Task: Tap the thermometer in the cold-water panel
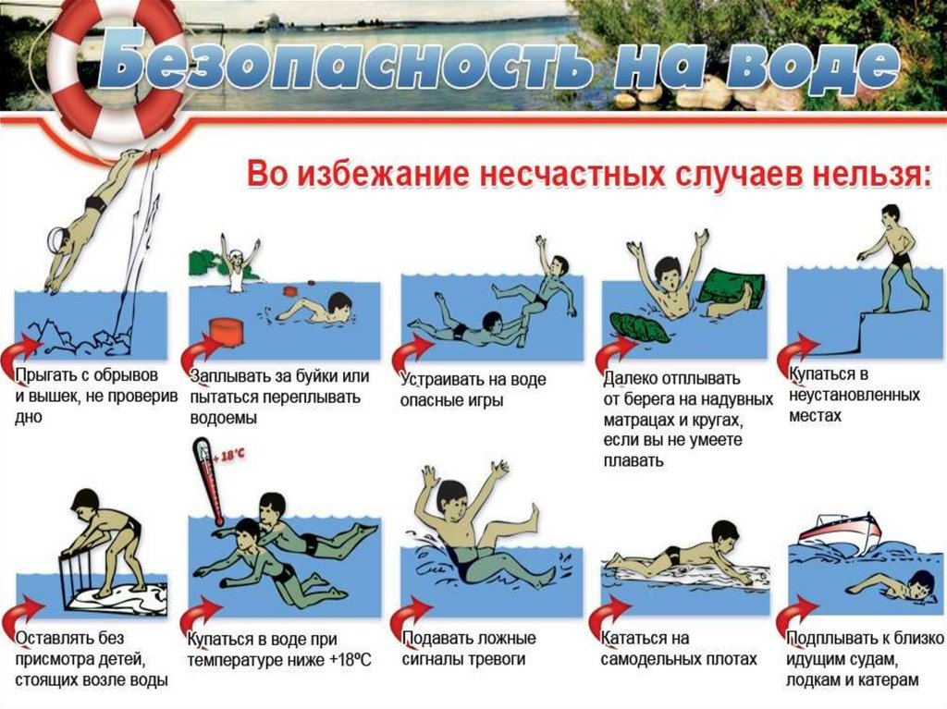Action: tap(208, 480)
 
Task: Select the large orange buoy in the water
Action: tap(227, 334)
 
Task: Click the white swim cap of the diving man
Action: tap(58, 237)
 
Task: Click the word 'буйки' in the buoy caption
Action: tap(317, 376)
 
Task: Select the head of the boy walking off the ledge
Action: tap(891, 214)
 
